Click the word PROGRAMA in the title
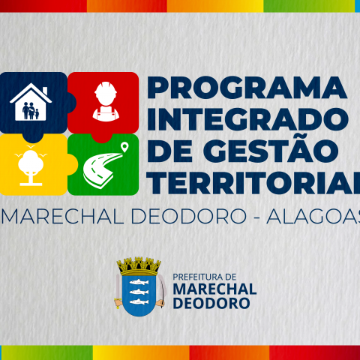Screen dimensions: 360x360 pos(247,88)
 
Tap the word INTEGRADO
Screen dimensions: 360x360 pos(247,119)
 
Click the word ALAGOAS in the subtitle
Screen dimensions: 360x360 pos(313,217)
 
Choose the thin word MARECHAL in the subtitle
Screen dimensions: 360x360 pos(63,217)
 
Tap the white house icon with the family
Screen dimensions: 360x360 pos(31,102)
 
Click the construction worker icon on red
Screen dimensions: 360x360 pos(106,101)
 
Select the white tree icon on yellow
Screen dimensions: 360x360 pos(31,166)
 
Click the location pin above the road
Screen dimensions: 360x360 pos(124,147)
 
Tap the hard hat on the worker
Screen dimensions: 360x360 pos(106,88)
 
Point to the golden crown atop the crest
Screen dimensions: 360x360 pos(139,266)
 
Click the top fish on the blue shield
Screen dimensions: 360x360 pos(139,282)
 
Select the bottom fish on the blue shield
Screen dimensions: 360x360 pos(139,301)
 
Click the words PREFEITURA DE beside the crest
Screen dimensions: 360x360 pos(205,277)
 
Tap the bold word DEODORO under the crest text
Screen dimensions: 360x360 pos(211,303)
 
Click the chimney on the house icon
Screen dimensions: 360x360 pos(45,91)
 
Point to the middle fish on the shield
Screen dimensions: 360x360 pos(139,292)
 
